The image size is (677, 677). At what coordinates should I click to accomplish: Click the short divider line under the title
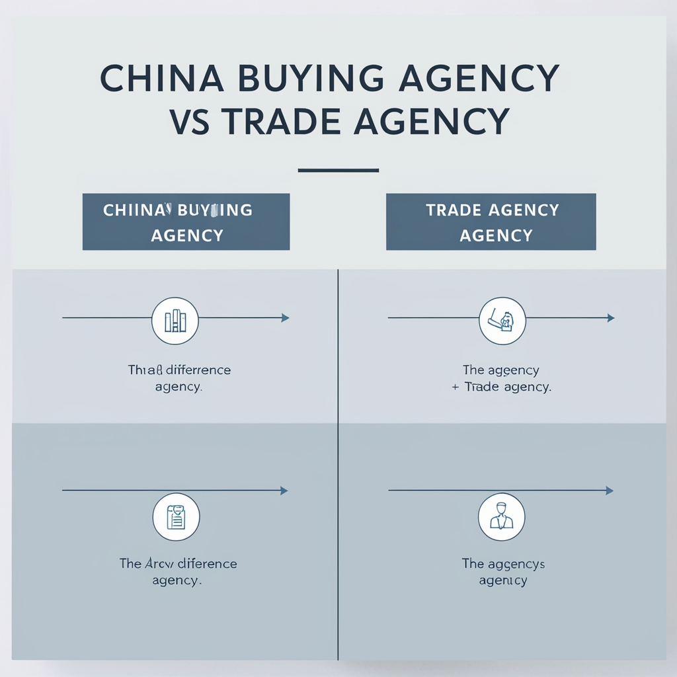click(338, 171)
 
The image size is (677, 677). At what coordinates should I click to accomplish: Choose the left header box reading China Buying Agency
click(186, 222)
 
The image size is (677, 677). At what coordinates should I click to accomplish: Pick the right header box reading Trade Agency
click(491, 222)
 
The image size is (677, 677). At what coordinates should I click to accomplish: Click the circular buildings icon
click(175, 321)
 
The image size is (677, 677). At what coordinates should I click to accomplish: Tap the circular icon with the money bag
click(502, 321)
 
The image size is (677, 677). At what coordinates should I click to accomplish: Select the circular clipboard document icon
click(175, 516)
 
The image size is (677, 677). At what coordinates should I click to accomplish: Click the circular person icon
click(501, 516)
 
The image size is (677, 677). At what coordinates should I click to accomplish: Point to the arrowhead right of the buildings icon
click(285, 318)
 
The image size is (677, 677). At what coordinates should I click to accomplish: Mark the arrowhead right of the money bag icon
click(610, 318)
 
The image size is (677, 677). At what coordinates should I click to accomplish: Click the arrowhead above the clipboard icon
click(284, 491)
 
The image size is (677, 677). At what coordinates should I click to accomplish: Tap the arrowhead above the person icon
click(609, 491)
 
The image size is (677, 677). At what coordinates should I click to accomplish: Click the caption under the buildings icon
click(179, 378)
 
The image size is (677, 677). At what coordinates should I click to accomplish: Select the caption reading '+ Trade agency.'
click(501, 387)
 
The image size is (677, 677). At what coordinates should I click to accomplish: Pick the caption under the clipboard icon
click(177, 572)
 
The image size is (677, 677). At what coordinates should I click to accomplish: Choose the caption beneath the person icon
click(503, 572)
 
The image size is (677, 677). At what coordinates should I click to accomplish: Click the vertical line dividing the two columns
click(338, 463)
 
